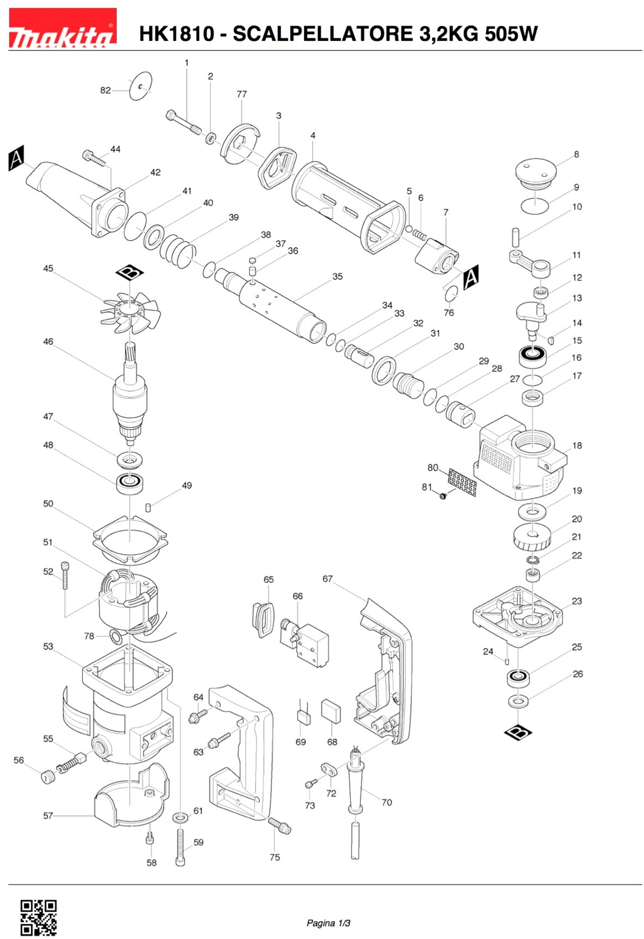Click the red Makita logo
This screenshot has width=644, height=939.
point(63,28)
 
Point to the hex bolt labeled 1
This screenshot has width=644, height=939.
point(184,123)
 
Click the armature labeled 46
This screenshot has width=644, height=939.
point(130,398)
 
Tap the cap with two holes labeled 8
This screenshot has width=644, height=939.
point(535,172)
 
